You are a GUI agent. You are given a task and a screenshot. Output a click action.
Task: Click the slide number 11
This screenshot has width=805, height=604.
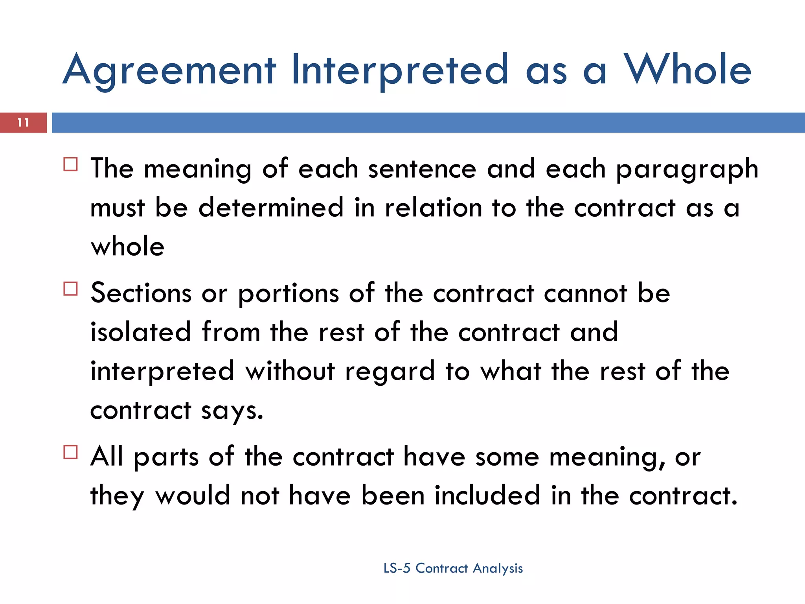[23, 123]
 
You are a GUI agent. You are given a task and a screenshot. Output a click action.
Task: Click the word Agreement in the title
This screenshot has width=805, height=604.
[169, 71]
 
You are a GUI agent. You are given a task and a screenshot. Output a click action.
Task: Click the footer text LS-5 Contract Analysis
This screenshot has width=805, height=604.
[453, 568]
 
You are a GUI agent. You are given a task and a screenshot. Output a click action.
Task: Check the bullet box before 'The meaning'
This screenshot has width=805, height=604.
[70, 164]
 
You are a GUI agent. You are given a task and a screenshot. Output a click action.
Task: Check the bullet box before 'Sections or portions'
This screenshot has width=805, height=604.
[70, 289]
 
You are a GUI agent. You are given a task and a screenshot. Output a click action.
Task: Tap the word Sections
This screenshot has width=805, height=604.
[141, 293]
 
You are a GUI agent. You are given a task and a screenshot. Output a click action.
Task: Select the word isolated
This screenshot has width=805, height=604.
[141, 332]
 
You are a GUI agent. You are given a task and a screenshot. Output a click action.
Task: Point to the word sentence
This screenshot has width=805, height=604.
[422, 169]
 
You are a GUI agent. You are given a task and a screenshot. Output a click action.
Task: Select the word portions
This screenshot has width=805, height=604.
[289, 294]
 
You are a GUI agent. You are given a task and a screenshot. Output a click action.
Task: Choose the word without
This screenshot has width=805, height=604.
[290, 371]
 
